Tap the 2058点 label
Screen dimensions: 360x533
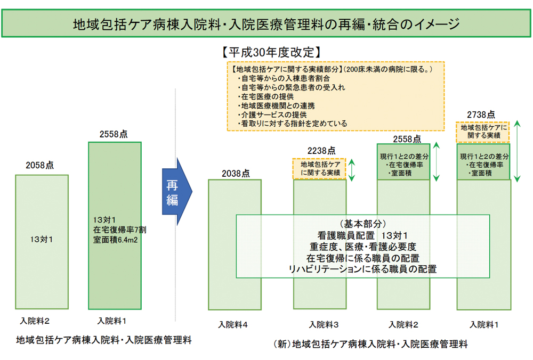[40, 166]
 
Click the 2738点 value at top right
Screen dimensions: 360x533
[481, 114]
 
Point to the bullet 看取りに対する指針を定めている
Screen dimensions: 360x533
[293, 124]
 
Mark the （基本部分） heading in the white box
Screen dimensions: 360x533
[362, 224]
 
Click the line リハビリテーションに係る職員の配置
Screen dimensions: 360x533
[362, 269]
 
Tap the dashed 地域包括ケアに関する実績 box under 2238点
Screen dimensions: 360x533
[320, 169]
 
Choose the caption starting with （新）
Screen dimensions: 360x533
[369, 344]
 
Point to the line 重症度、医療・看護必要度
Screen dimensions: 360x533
[362, 247]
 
